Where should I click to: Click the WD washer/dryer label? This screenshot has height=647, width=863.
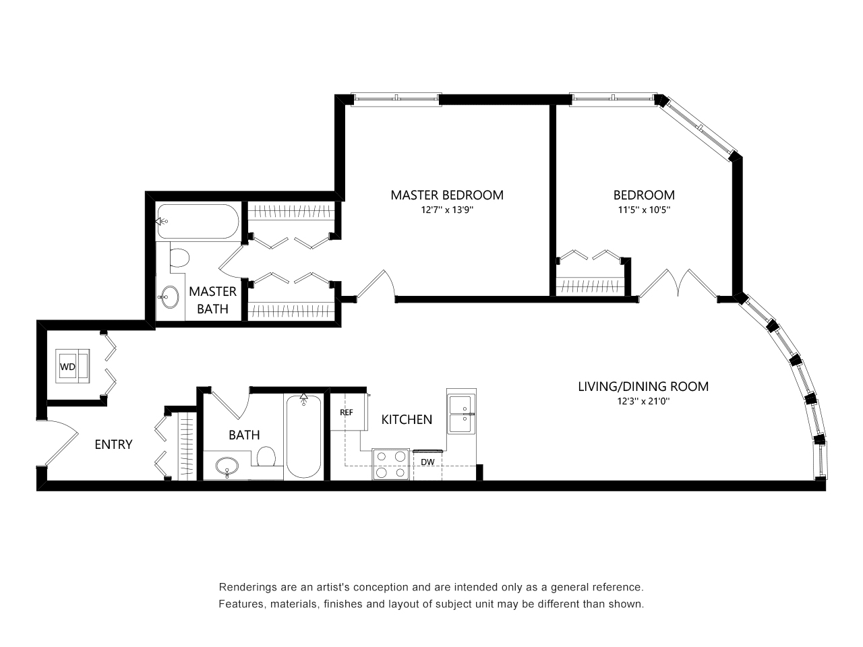(67, 367)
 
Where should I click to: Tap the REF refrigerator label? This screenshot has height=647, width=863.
(347, 412)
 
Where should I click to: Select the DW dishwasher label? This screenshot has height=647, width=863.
(427, 462)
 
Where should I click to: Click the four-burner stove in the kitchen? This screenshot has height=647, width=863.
(390, 464)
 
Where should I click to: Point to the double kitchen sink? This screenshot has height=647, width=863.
(462, 414)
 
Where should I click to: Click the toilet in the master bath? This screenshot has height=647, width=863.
(179, 257)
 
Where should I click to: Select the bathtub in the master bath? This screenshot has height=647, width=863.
(198, 221)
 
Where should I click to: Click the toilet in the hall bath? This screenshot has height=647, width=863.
(266, 457)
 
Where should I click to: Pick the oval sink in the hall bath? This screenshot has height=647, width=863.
(227, 466)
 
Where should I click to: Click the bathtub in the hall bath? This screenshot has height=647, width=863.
(303, 437)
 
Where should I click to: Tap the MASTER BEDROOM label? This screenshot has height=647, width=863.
(447, 195)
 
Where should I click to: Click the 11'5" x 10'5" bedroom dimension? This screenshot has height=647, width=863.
(644, 210)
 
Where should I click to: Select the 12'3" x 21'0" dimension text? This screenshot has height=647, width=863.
(644, 402)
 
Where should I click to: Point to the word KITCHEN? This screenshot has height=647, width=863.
(407, 420)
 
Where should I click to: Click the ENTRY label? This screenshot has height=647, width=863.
(113, 444)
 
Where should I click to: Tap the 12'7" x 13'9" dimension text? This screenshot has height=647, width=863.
(447, 210)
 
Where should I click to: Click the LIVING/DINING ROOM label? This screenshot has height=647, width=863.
(643, 387)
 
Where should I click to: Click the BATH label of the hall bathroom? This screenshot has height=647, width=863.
(244, 435)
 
